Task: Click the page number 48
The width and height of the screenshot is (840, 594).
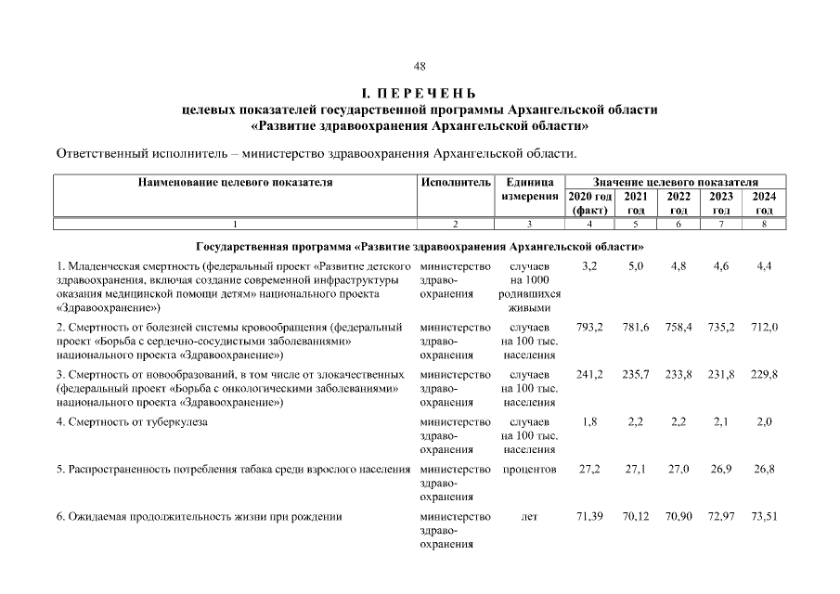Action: (x=420, y=66)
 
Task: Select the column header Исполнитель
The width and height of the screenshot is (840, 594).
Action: (x=455, y=183)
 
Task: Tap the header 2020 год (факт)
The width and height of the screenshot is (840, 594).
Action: (x=589, y=203)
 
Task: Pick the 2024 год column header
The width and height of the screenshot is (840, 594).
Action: (x=764, y=203)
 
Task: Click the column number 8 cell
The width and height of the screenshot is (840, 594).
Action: (x=764, y=224)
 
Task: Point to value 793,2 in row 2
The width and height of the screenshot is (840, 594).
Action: (x=589, y=328)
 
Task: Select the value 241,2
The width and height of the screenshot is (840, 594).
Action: (x=589, y=374)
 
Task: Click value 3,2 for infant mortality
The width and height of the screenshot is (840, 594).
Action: (x=589, y=266)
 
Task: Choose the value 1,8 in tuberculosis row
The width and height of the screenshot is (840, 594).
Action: (x=589, y=422)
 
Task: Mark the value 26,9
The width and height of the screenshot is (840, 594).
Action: (x=721, y=470)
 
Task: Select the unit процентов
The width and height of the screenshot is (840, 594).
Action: (x=529, y=470)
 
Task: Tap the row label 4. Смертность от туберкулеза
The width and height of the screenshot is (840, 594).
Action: (x=132, y=422)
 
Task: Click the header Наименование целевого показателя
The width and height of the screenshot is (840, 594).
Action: (x=235, y=183)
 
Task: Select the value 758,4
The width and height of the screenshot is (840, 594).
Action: (x=678, y=328)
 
